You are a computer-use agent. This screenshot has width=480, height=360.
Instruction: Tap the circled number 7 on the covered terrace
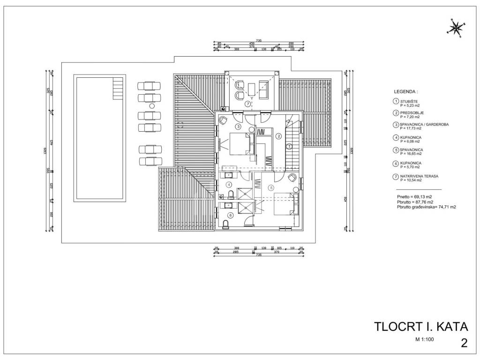pos(247,104)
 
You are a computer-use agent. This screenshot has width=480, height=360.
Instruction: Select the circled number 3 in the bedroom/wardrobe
pos(238,127)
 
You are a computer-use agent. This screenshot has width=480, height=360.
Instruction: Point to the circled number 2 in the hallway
pos(278,136)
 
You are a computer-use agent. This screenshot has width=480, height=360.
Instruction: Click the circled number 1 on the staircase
pos(289,147)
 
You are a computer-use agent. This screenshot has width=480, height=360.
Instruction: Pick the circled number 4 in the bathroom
pos(229,185)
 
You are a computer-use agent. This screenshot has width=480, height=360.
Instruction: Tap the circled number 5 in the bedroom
pos(270,187)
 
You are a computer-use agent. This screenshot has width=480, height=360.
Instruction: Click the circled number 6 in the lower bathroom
pos(230,215)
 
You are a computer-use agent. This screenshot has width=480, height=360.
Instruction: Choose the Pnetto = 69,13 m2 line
pos(414,197)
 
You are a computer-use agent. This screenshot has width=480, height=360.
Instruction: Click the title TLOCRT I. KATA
pos(421,326)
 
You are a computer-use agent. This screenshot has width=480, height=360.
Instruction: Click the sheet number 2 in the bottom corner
pos(464,343)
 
